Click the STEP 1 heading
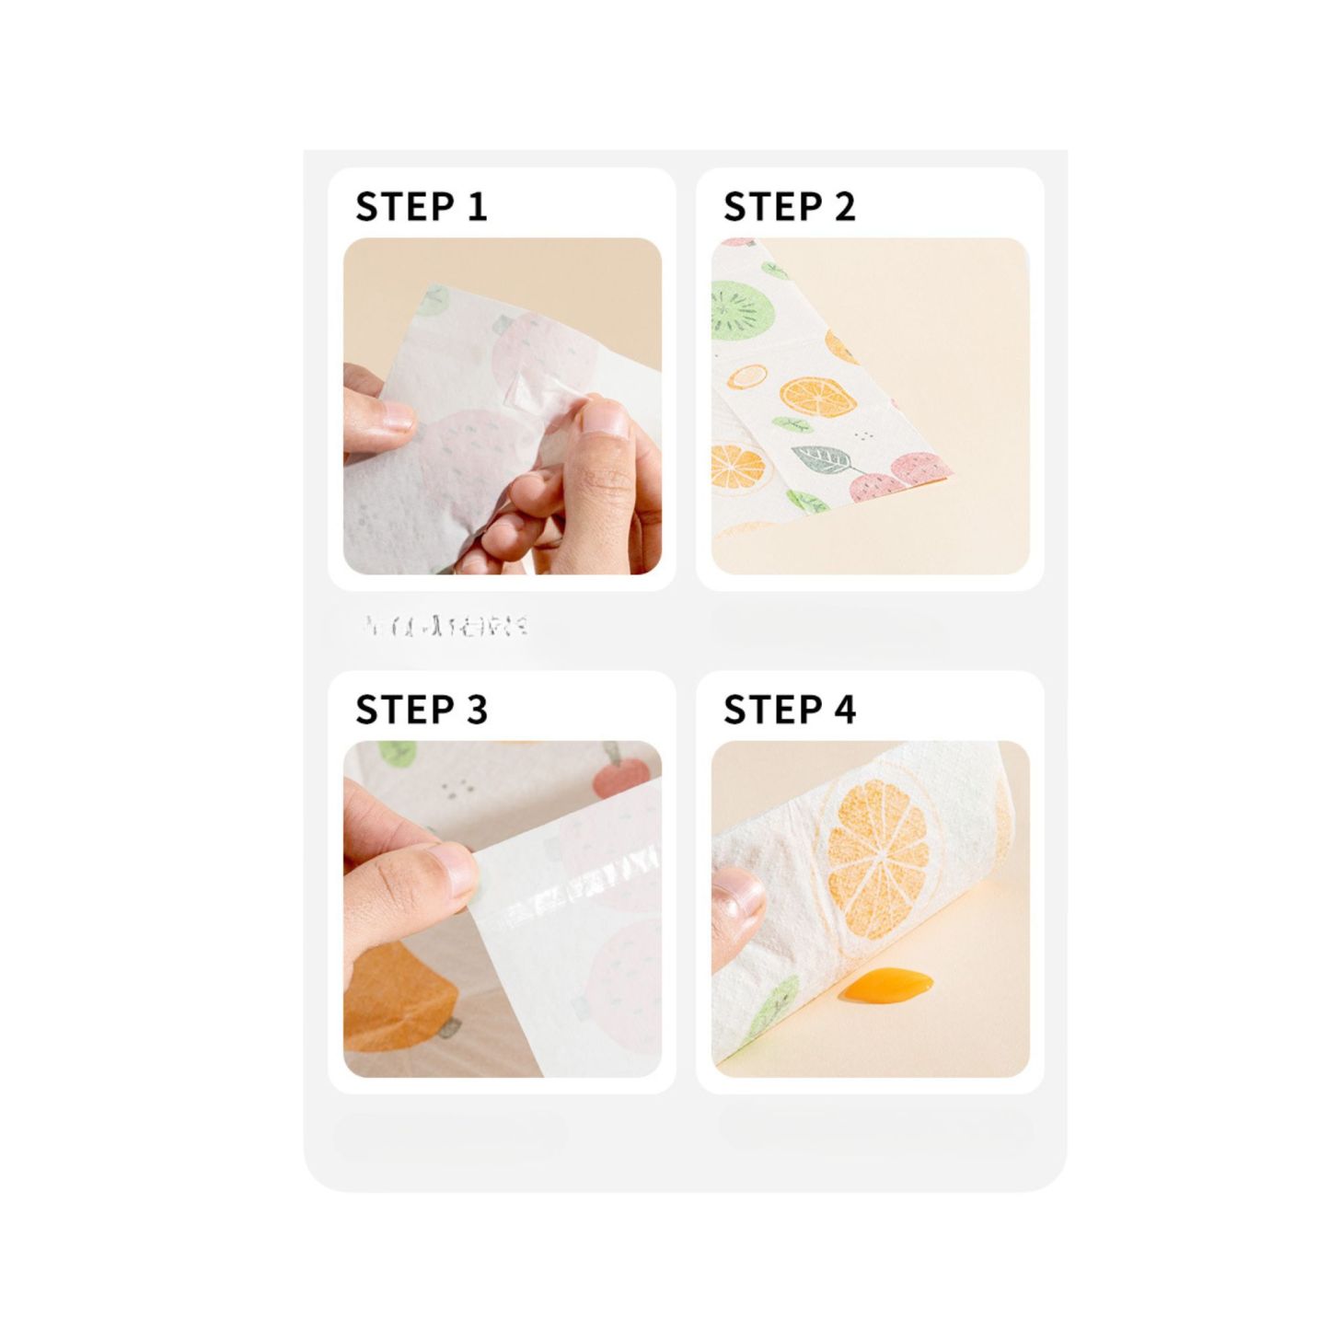pos(421,207)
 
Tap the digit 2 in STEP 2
pos(844,207)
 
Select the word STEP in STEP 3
pos(396,711)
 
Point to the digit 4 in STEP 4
pos(844,711)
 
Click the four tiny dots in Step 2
pos(863,435)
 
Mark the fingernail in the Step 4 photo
pos(736,897)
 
